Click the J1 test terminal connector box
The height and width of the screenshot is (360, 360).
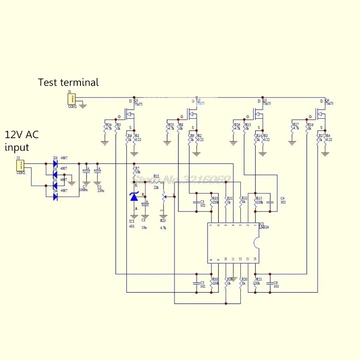tap(71, 99)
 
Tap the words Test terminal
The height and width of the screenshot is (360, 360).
tap(68, 82)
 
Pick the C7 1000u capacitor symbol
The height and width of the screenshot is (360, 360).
tap(85, 173)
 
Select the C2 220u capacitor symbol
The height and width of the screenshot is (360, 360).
tap(97, 173)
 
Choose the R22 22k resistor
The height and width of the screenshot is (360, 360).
tap(156, 182)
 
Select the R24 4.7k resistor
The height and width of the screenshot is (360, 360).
tap(105, 128)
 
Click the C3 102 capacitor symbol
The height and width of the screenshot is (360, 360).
tap(196, 202)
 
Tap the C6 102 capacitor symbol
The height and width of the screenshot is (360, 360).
tap(269, 283)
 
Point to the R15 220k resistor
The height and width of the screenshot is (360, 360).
tap(256, 201)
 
